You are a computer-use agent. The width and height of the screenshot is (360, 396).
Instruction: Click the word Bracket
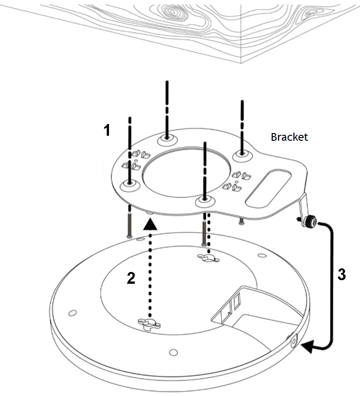[x=289, y=137]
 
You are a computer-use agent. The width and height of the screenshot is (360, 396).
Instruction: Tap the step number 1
[x=107, y=130]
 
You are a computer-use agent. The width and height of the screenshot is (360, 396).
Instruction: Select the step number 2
[x=131, y=278]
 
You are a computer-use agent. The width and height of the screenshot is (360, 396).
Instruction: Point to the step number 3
[x=341, y=274]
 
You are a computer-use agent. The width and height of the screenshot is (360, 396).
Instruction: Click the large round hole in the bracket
[x=186, y=172]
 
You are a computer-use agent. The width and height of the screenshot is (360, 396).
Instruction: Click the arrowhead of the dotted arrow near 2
[x=150, y=224]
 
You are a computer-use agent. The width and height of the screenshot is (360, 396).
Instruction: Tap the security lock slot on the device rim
[x=294, y=341]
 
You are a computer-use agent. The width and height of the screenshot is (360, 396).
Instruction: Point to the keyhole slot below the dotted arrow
[x=149, y=324]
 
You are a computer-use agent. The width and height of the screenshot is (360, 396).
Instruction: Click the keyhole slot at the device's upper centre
[x=208, y=258]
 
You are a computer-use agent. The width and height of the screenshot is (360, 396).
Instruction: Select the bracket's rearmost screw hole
[x=167, y=138]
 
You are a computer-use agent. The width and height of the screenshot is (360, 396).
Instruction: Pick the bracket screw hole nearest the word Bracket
[x=242, y=154]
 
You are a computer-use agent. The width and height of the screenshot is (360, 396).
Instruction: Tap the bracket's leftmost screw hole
[x=130, y=184]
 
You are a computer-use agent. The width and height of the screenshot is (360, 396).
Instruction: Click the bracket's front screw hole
[x=205, y=201]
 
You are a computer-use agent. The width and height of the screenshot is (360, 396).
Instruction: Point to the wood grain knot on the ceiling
[x=172, y=12]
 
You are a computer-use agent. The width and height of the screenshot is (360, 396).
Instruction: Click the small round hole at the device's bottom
[x=173, y=352]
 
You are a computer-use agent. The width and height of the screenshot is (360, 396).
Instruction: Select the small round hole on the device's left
[x=72, y=313]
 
